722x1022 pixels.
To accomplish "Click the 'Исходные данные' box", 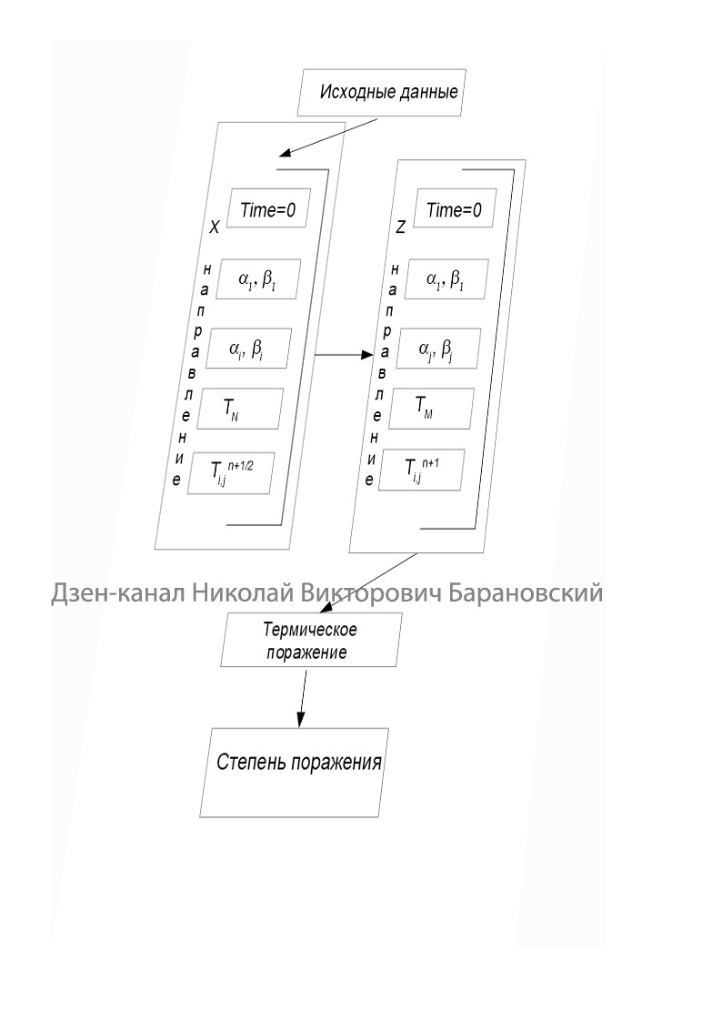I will pos(386,92).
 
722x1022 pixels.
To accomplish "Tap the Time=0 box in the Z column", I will pos(455,210).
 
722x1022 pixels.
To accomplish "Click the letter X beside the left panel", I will pos(214,229).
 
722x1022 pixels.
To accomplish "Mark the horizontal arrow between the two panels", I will pos(343,353).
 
